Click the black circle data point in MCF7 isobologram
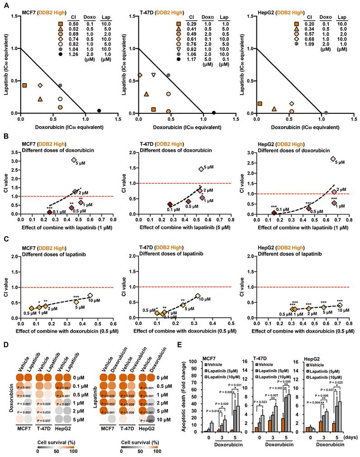99,111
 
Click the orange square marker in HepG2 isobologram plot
260,104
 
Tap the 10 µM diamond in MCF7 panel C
90,295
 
